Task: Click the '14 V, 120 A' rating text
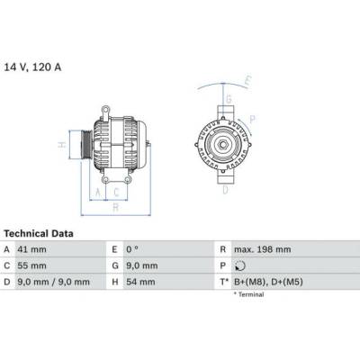tap(33, 67)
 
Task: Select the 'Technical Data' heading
tap(38, 233)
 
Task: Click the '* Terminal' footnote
tap(254, 294)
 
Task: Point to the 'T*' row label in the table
tap(222, 283)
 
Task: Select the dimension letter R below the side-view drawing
tap(114, 206)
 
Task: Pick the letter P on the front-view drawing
tap(254, 118)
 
